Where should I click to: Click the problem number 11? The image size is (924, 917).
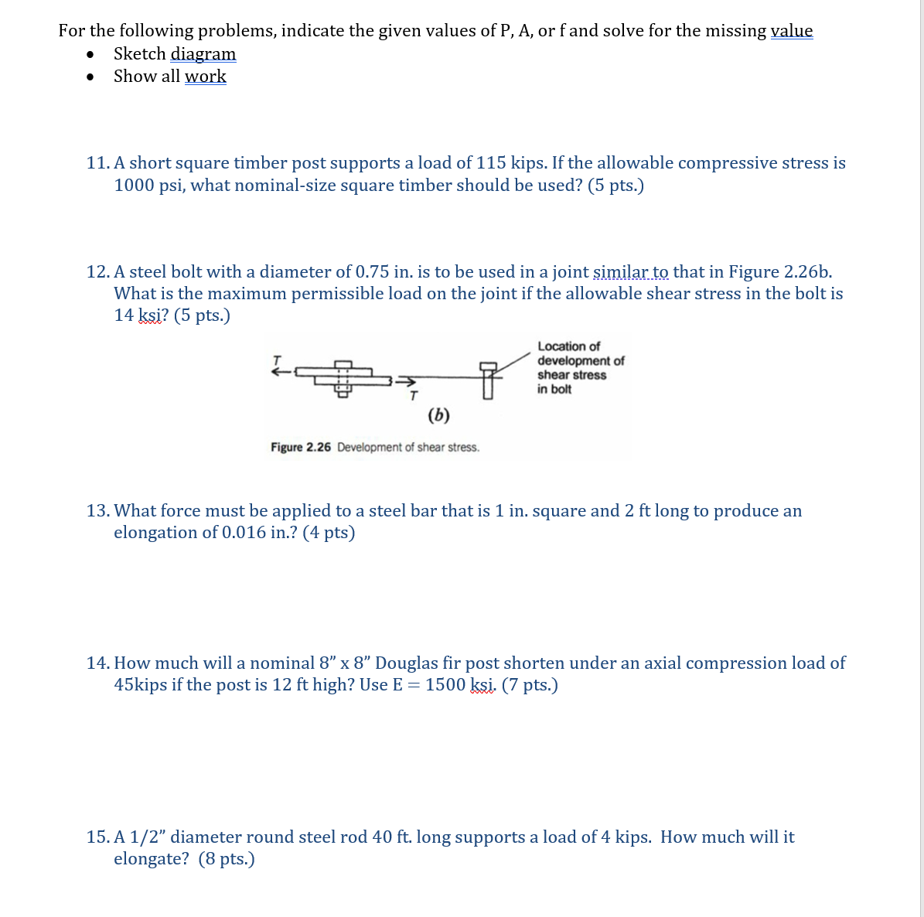click(97, 163)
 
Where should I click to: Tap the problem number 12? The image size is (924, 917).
click(97, 272)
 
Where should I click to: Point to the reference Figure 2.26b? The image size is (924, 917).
click(780, 272)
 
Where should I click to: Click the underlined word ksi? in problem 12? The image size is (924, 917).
click(151, 315)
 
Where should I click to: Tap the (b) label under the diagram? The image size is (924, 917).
click(438, 415)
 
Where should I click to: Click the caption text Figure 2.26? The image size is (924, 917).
click(301, 448)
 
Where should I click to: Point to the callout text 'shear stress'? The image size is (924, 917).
click(571, 375)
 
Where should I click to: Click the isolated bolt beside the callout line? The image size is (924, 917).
click(487, 378)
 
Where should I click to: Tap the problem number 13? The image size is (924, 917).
click(97, 511)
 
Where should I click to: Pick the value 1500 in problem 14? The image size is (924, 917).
click(445, 685)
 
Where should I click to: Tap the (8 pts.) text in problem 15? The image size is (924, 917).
click(227, 859)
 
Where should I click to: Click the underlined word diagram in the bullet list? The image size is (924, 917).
click(203, 54)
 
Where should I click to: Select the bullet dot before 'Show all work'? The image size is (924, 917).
click(91, 77)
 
